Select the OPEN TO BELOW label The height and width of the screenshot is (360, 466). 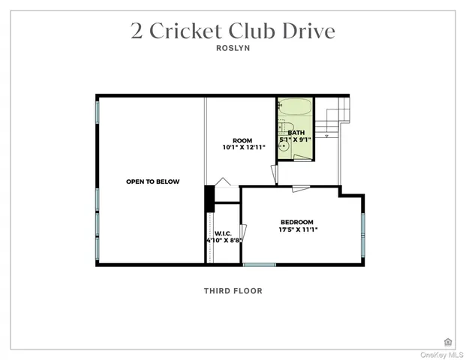[x=152, y=181]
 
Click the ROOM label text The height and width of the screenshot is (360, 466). [x=242, y=140]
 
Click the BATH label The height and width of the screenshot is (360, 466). [x=296, y=132]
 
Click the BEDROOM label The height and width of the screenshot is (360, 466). [x=296, y=222]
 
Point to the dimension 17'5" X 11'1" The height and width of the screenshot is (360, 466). [x=296, y=230]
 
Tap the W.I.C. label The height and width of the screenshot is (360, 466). [x=222, y=232]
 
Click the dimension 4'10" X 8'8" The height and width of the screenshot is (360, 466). [x=223, y=241]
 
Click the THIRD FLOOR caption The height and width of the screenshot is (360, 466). [x=233, y=291]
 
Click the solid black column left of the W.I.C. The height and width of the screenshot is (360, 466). [x=210, y=198]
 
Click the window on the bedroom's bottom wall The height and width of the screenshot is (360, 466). [x=259, y=264]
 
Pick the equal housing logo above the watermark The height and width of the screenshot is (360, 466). [x=448, y=341]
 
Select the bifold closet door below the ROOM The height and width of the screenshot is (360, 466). [x=223, y=182]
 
